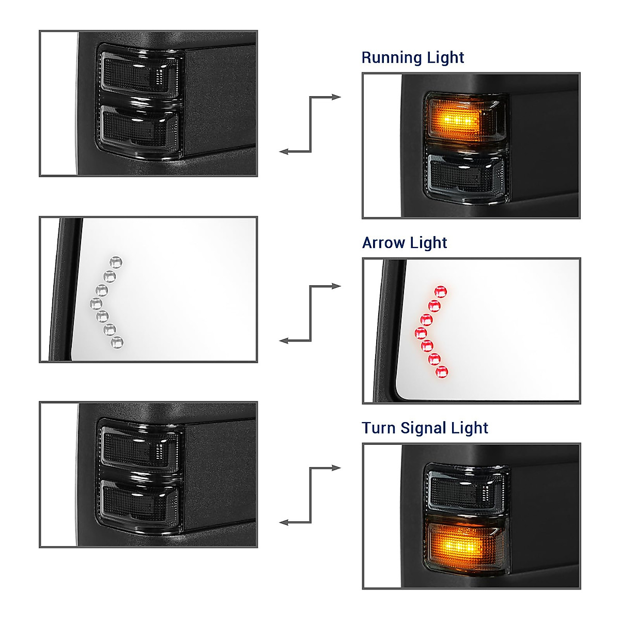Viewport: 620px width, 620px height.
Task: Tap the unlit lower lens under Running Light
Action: tap(465, 176)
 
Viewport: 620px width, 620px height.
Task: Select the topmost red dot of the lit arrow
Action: tap(441, 291)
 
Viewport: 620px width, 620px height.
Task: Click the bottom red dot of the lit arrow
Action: tap(442, 371)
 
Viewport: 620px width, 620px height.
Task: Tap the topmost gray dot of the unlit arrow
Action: tap(116, 262)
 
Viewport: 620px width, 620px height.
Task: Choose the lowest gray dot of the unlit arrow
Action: tap(117, 342)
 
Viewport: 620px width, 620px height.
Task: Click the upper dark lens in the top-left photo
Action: tap(139, 72)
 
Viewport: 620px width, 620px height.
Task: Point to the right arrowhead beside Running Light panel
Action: tap(336, 97)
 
